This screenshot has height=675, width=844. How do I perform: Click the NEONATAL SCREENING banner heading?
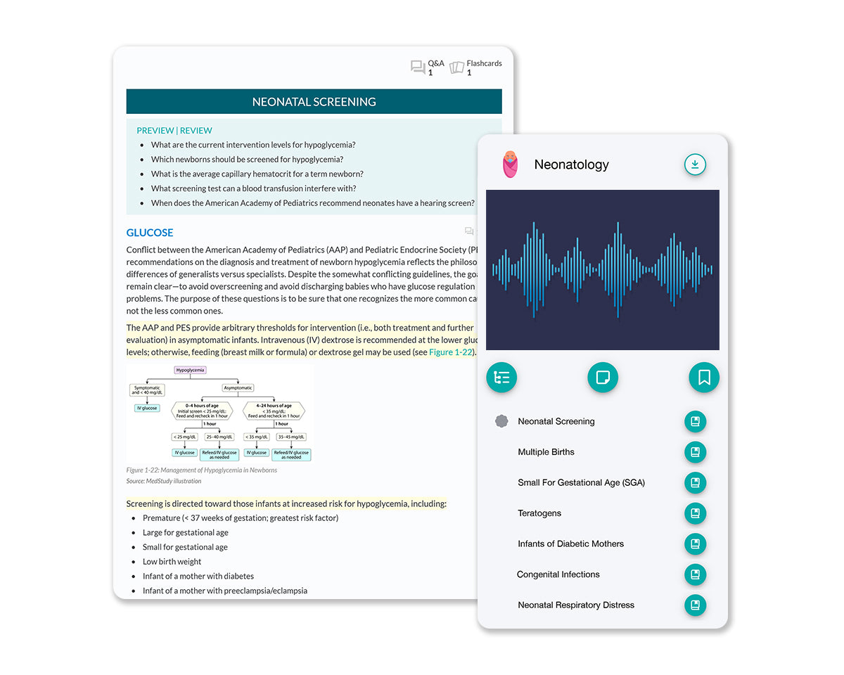point(314,102)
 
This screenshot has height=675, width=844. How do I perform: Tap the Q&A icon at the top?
point(418,67)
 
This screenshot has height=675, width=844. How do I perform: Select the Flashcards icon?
point(457,67)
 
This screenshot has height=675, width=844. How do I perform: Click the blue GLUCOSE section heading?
point(150,233)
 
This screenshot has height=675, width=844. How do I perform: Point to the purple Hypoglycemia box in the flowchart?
point(190,370)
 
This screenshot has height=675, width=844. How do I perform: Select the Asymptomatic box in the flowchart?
point(238,387)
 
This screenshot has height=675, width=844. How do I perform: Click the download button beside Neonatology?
point(695,165)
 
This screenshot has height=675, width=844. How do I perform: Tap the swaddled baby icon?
point(510,165)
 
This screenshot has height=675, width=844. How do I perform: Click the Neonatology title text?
point(571,165)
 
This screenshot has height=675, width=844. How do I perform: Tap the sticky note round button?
point(603,378)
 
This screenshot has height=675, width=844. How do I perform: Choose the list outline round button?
point(501,378)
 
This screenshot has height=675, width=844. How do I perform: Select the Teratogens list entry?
point(539,513)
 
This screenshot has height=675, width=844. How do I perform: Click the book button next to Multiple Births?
point(695,452)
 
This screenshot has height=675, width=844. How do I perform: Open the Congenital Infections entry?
point(558,574)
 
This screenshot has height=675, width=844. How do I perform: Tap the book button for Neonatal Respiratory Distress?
point(695,605)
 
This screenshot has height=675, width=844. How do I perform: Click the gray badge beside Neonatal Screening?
point(501,422)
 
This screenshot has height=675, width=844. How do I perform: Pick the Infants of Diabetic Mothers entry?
point(570,544)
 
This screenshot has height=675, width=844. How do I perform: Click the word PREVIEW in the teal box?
point(155,131)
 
